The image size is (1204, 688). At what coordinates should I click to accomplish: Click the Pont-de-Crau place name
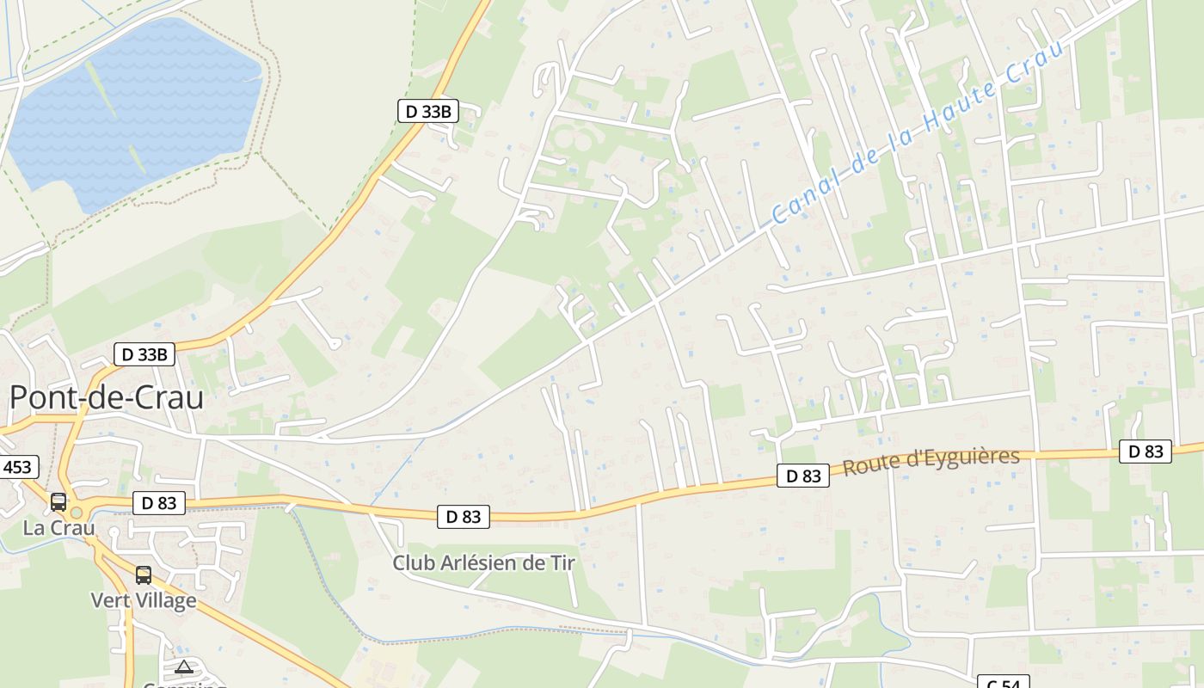tap(107, 397)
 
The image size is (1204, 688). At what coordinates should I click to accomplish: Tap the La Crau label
tap(59, 527)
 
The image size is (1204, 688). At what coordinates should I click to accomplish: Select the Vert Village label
tap(144, 599)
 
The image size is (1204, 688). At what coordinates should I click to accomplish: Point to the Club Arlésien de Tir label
tap(483, 562)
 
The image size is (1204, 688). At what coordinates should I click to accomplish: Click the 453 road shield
tap(16, 467)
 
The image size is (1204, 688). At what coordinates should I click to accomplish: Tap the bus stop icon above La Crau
tap(58, 502)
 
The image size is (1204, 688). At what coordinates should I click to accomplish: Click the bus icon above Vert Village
tap(144, 574)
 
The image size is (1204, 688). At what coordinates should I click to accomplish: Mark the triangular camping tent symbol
tap(183, 666)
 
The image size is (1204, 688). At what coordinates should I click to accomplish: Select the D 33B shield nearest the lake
tap(428, 111)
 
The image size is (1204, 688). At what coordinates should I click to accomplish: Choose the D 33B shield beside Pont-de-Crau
tap(144, 353)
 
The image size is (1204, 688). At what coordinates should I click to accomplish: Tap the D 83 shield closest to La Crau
tap(159, 503)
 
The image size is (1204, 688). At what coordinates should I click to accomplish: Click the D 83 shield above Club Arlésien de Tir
tap(464, 516)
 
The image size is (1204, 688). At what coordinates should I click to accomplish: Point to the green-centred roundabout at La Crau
tap(76, 513)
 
